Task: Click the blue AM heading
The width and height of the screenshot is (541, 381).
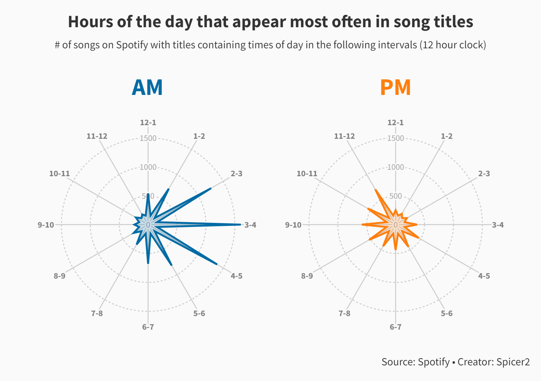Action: tap(147, 87)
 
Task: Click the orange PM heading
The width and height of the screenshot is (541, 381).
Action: tap(395, 87)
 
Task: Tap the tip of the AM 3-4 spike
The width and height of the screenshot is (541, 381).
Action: tap(240, 225)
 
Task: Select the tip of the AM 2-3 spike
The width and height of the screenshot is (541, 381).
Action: tap(211, 188)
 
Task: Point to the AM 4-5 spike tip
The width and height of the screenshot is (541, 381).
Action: tap(217, 264)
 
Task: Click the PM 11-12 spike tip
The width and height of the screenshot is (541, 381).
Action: tap(376, 190)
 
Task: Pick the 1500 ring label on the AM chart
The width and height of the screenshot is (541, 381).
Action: tap(148, 138)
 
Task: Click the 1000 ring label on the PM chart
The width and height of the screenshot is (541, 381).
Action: tap(396, 167)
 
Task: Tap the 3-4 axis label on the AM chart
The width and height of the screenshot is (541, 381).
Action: tap(250, 225)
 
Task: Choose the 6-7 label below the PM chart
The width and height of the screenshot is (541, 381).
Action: tap(396, 327)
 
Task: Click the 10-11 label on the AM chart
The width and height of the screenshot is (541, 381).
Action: tap(59, 173)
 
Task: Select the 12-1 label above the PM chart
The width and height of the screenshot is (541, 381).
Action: tap(396, 122)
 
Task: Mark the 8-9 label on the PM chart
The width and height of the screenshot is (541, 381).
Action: tap(307, 276)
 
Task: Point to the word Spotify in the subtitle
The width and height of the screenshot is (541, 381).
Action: tap(132, 45)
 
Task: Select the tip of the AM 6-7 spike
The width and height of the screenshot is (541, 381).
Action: tap(148, 263)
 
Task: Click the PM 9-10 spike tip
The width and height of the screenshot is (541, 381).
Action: tap(362, 225)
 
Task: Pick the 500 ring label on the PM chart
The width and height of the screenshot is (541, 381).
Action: tap(396, 196)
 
